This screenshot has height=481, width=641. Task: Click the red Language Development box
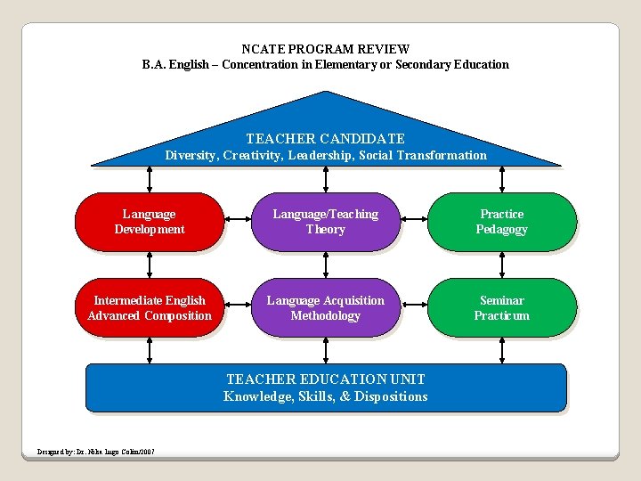[149, 222]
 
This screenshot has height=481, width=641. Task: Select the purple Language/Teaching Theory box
[325, 222]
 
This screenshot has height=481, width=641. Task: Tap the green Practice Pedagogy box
[502, 222]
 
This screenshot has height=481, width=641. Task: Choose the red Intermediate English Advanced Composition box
[149, 308]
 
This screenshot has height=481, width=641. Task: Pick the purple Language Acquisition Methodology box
[325, 308]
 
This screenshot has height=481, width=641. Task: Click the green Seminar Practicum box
[502, 308]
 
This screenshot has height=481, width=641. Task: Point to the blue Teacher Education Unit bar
[325, 388]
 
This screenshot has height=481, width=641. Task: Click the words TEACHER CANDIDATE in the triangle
[325, 139]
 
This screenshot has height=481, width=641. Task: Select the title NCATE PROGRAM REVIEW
[325, 49]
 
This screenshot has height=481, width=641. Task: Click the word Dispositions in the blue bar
[390, 396]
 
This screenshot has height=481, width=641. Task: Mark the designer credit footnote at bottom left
[96, 452]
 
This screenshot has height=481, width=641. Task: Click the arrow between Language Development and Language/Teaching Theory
[237, 222]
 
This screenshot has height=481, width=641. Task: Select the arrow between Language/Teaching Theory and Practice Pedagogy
[414, 222]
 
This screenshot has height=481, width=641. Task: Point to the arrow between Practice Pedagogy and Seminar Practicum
[502, 265]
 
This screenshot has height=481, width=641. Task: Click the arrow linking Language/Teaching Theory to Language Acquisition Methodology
[325, 265]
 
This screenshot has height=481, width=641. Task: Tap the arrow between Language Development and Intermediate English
[149, 265]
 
